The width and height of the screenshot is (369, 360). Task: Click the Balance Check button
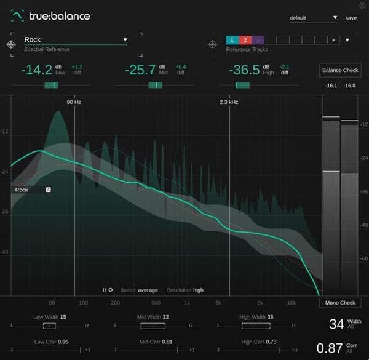[x=340, y=70]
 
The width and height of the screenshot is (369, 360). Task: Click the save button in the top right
[x=351, y=18]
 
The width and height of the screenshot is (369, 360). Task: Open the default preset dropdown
[x=314, y=18]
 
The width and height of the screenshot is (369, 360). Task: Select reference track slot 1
[x=232, y=40]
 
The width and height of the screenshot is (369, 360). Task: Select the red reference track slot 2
[x=244, y=40]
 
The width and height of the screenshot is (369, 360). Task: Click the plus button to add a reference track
[x=333, y=40]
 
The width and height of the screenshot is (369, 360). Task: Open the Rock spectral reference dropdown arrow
[x=125, y=40]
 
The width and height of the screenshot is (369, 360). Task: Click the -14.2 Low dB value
[x=37, y=70]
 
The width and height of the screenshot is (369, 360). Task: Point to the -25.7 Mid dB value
[x=140, y=70]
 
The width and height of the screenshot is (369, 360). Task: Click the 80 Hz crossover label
[x=74, y=102]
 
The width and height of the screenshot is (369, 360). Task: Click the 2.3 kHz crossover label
[x=229, y=102]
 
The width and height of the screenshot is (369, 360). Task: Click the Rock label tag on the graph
[x=22, y=190]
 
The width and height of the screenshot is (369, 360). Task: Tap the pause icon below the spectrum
[x=104, y=290]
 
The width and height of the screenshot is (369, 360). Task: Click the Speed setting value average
[x=148, y=290]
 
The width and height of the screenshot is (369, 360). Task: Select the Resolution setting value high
[x=198, y=290]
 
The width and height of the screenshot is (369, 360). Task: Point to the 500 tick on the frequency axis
[x=156, y=303]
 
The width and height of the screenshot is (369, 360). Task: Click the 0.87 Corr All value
[x=328, y=348]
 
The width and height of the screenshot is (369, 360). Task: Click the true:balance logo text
[x=59, y=16]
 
